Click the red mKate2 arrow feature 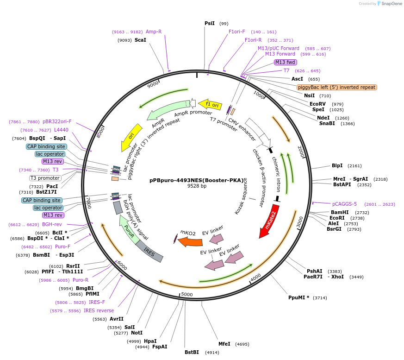[270, 221]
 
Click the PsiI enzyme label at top [210, 23]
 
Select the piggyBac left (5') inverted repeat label [337, 87]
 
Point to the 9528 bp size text [197, 186]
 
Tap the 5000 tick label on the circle [187, 294]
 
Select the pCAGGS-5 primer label [344, 204]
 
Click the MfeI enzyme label [224, 344]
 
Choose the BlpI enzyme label [337, 165]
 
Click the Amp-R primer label [154, 32]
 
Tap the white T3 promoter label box [45, 178]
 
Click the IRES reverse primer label [99, 310]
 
